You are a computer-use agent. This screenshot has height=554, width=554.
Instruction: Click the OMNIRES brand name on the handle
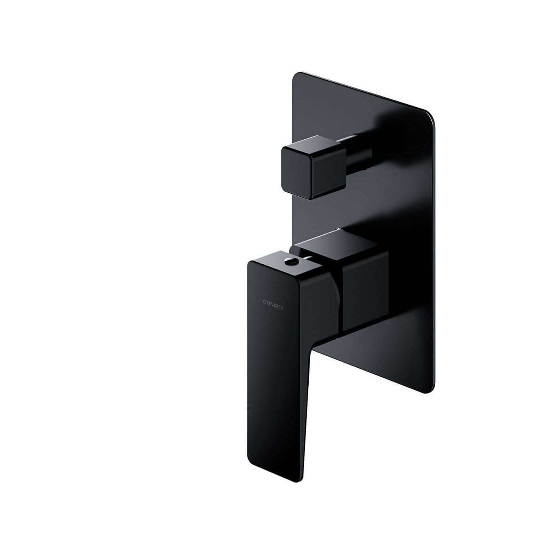(273, 305)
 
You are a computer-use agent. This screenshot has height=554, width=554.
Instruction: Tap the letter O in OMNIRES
(264, 302)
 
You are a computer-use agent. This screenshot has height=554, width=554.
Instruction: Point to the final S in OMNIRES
(282, 309)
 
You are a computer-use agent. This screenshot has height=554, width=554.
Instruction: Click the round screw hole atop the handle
(288, 261)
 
